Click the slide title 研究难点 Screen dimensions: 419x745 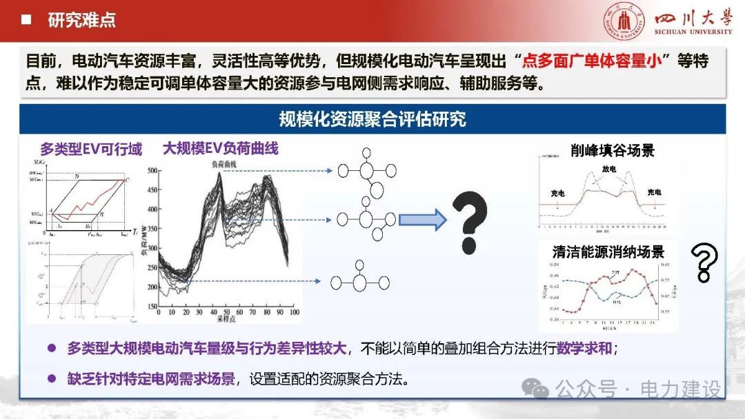(81, 20)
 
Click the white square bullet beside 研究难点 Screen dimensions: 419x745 (26, 20)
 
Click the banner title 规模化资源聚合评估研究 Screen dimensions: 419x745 (372, 119)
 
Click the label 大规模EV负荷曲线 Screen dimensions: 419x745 (220, 148)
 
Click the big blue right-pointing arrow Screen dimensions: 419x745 (423, 220)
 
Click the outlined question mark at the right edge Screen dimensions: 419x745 (704, 262)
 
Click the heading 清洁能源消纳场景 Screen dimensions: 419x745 (608, 252)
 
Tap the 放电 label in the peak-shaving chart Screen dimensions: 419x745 (609, 169)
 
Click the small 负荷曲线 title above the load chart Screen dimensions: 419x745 (223, 164)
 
